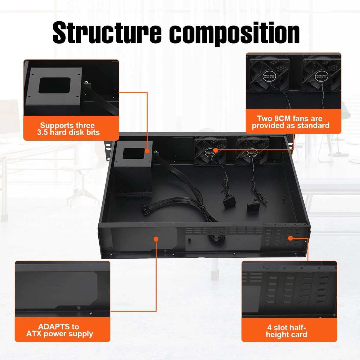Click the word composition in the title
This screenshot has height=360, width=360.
235,33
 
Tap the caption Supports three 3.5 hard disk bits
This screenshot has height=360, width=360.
69,129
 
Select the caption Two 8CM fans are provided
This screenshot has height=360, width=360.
290,122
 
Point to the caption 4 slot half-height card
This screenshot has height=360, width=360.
286,331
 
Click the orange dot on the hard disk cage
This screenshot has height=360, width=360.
147,151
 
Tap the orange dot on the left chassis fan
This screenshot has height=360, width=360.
215,150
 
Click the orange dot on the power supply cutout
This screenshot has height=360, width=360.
156,239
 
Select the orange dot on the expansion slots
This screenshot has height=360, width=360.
290,238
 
